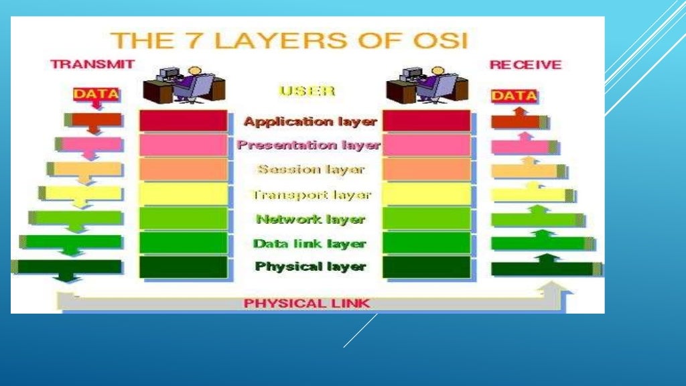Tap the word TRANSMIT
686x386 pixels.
pyautogui.click(x=92, y=64)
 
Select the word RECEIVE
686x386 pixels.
pyautogui.click(x=525, y=65)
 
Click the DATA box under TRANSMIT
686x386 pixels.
pyautogui.click(x=96, y=94)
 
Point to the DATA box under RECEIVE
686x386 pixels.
pyautogui.click(x=514, y=96)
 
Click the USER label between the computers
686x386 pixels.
pyautogui.click(x=307, y=90)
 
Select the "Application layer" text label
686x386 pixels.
pyautogui.click(x=310, y=122)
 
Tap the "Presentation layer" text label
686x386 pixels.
pyautogui.click(x=308, y=145)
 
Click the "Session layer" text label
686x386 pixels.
pyautogui.click(x=311, y=170)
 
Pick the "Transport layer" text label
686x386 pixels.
pyautogui.click(x=310, y=195)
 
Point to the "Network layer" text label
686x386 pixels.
pyautogui.click(x=310, y=219)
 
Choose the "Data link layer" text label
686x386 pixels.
pyautogui.click(x=310, y=244)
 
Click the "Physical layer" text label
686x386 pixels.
pyautogui.click(x=310, y=267)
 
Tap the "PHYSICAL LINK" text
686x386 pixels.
pyautogui.click(x=306, y=303)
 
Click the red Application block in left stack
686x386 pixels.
pyautogui.click(x=183, y=121)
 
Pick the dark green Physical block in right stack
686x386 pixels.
pyautogui.click(x=427, y=267)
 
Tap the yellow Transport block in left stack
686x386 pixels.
pyautogui.click(x=183, y=194)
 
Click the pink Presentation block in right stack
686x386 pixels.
pyautogui.click(x=427, y=145)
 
